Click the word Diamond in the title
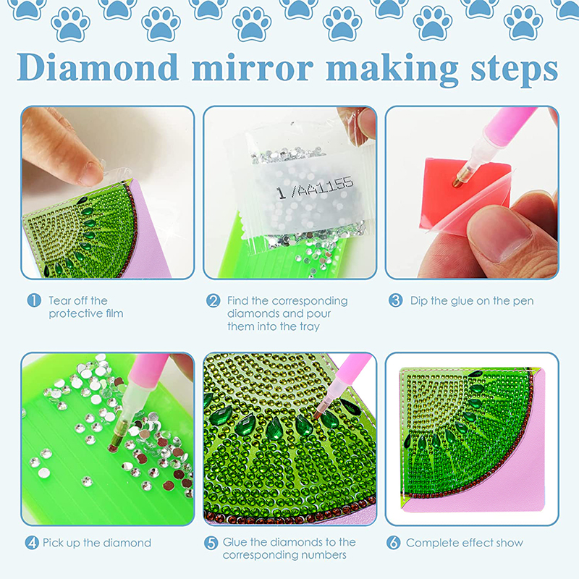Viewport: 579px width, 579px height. click(x=98, y=67)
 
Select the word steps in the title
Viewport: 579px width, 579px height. click(x=515, y=71)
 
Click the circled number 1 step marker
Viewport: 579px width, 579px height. click(x=34, y=300)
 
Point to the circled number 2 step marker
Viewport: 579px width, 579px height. click(x=213, y=300)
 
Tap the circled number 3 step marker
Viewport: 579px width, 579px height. click(x=395, y=300)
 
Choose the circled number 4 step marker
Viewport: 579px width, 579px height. click(x=32, y=542)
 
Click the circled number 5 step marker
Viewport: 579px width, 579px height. click(x=211, y=542)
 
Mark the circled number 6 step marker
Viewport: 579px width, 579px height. click(x=393, y=542)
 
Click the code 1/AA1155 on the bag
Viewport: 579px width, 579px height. click(x=315, y=187)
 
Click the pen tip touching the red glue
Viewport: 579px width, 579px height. click(x=457, y=182)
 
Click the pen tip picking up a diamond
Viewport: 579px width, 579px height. click(x=112, y=447)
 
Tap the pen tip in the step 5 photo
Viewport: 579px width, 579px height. click(x=317, y=415)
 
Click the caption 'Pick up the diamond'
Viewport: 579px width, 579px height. click(x=97, y=543)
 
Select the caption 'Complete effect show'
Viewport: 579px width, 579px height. click(x=465, y=543)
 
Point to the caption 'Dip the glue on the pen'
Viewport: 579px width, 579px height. click(x=472, y=301)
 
